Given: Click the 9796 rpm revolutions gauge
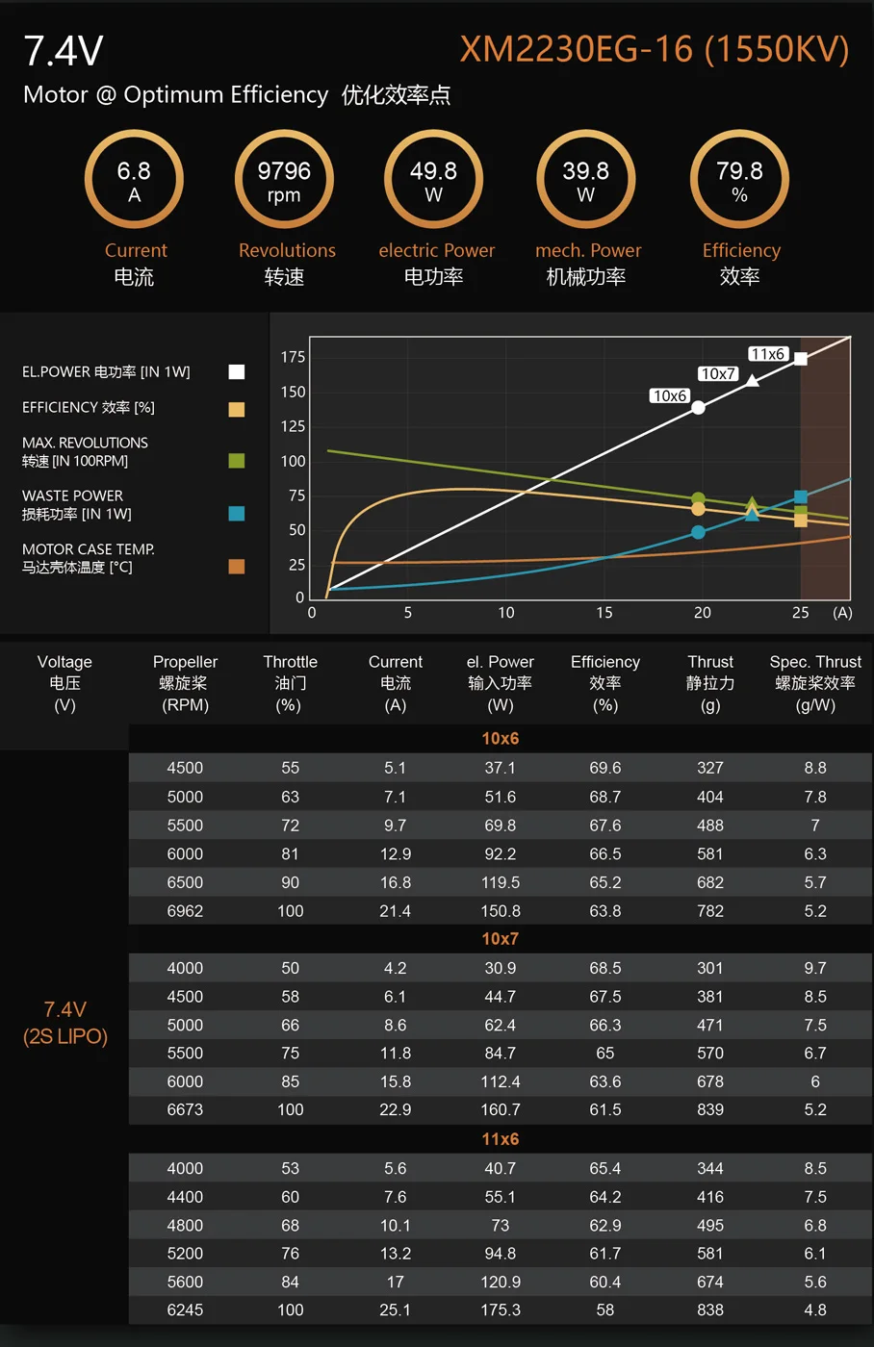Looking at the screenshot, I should click(x=284, y=181).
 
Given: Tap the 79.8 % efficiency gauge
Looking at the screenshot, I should click(x=739, y=181).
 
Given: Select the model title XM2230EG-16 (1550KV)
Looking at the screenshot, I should click(x=655, y=49).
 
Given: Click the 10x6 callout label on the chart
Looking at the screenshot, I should click(x=669, y=395).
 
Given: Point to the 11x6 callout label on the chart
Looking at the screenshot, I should click(x=768, y=354).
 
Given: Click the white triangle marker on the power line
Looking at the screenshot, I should click(x=753, y=381).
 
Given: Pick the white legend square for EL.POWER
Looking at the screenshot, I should click(x=237, y=372).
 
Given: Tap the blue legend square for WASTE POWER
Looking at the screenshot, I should click(x=237, y=514).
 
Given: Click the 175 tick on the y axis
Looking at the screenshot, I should click(x=293, y=357).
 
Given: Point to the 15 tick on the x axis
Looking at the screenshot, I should click(x=604, y=613).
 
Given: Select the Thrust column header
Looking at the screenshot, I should click(x=710, y=683).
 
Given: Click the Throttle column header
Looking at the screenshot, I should click(x=290, y=683).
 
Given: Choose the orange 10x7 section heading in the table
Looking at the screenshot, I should click(x=501, y=939).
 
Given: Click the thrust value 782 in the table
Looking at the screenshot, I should click(x=710, y=911).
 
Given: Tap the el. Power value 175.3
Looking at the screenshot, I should click(x=501, y=1310).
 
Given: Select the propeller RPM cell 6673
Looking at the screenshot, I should click(x=185, y=1109).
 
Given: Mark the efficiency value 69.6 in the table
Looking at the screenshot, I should click(x=605, y=768).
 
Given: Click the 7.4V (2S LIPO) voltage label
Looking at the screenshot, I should click(x=65, y=1023).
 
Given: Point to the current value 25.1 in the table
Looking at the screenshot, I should click(x=396, y=1310).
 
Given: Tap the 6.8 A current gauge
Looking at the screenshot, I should click(x=134, y=181).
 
